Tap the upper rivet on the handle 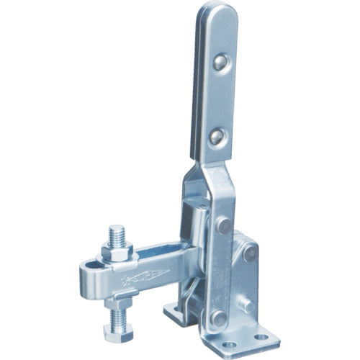click(219, 63)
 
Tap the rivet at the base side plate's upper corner click(251, 253)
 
